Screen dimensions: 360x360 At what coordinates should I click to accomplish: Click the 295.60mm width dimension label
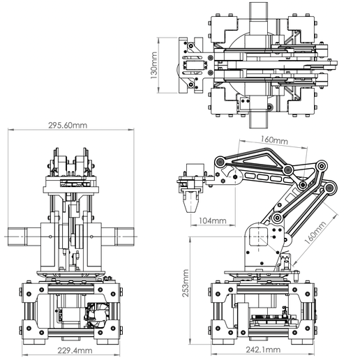coord(68,126)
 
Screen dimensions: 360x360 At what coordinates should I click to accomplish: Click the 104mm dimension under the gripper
coord(212,221)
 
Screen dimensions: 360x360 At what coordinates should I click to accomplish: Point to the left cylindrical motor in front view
coord(23,237)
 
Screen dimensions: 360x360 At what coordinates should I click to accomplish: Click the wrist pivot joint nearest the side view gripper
coord(220,167)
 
